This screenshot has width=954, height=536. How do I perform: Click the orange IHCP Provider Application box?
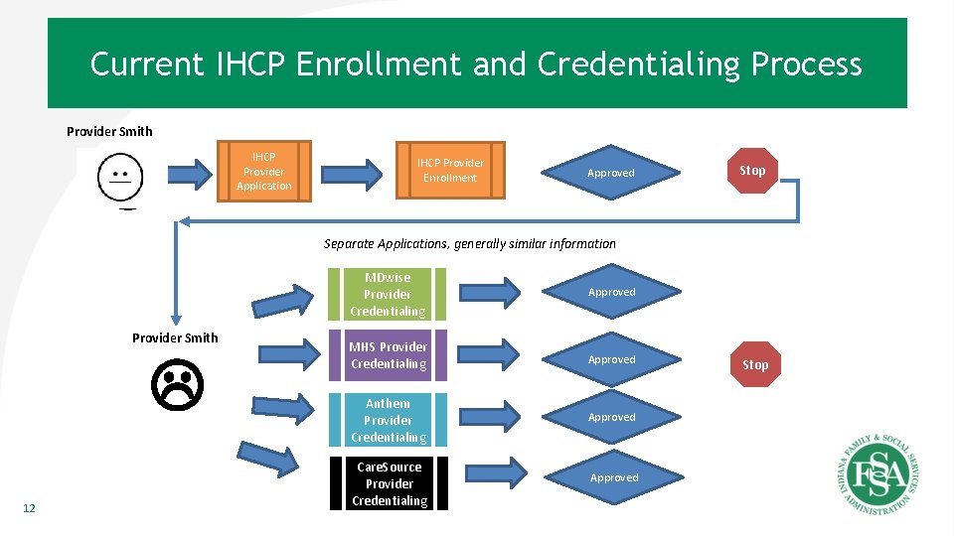pos(264,172)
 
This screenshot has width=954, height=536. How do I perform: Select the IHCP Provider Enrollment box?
pos(450,171)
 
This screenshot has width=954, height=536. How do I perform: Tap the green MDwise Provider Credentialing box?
pos(388,294)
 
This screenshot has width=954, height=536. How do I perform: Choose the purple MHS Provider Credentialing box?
pos(388,355)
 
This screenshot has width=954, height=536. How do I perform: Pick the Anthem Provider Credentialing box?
pos(388,420)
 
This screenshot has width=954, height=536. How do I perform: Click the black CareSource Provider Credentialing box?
pos(389,483)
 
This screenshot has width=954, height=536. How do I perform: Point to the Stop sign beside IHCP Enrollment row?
pos(752,170)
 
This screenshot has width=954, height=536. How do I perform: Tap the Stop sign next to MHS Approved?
pos(755,364)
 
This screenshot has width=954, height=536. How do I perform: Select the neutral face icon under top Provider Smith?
pos(120,179)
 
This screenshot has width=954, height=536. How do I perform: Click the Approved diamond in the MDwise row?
pos(611,292)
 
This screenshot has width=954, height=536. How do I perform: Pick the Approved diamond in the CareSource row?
pos(614,477)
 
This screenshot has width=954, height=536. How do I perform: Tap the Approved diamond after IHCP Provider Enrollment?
pos(610,173)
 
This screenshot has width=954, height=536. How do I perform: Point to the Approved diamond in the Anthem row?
pos(611,417)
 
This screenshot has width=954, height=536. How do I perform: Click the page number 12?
pos(29,508)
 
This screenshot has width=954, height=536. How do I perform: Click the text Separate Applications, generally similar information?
pos(469,244)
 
